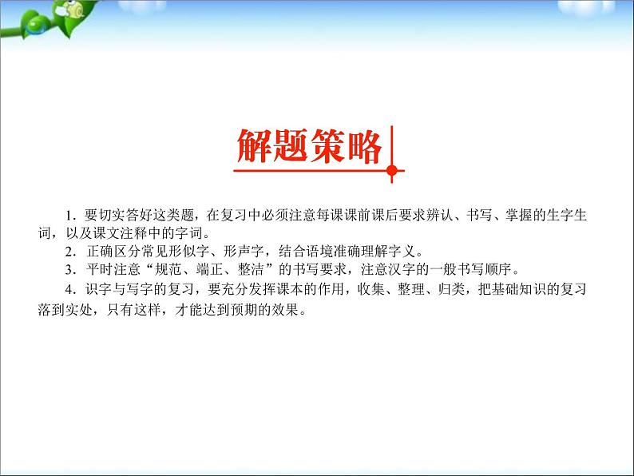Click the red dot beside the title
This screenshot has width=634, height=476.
391,169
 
